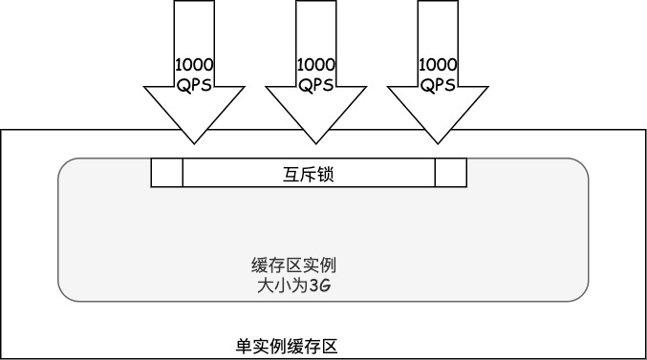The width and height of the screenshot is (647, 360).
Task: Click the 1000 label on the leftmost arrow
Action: tap(194, 65)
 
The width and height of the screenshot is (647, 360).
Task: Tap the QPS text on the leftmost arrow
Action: tap(194, 84)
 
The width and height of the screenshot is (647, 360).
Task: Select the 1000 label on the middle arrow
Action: tap(316, 65)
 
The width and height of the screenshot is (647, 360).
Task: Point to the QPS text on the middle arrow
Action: tap(316, 84)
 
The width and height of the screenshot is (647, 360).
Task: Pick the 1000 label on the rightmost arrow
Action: tap(439, 65)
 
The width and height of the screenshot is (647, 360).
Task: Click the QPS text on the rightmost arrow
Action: tap(439, 84)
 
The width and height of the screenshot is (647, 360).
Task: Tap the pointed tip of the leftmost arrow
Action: tap(194, 143)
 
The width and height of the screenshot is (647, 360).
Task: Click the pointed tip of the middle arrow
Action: tap(316, 143)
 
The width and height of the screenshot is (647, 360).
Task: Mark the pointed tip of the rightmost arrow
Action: tap(439, 143)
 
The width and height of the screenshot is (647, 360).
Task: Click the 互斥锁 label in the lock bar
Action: tap(308, 174)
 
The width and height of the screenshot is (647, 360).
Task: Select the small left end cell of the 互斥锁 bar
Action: tap(166, 173)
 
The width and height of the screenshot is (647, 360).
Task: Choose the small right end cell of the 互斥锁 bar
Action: tap(451, 173)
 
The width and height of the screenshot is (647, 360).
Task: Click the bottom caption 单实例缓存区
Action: tap(286, 346)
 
